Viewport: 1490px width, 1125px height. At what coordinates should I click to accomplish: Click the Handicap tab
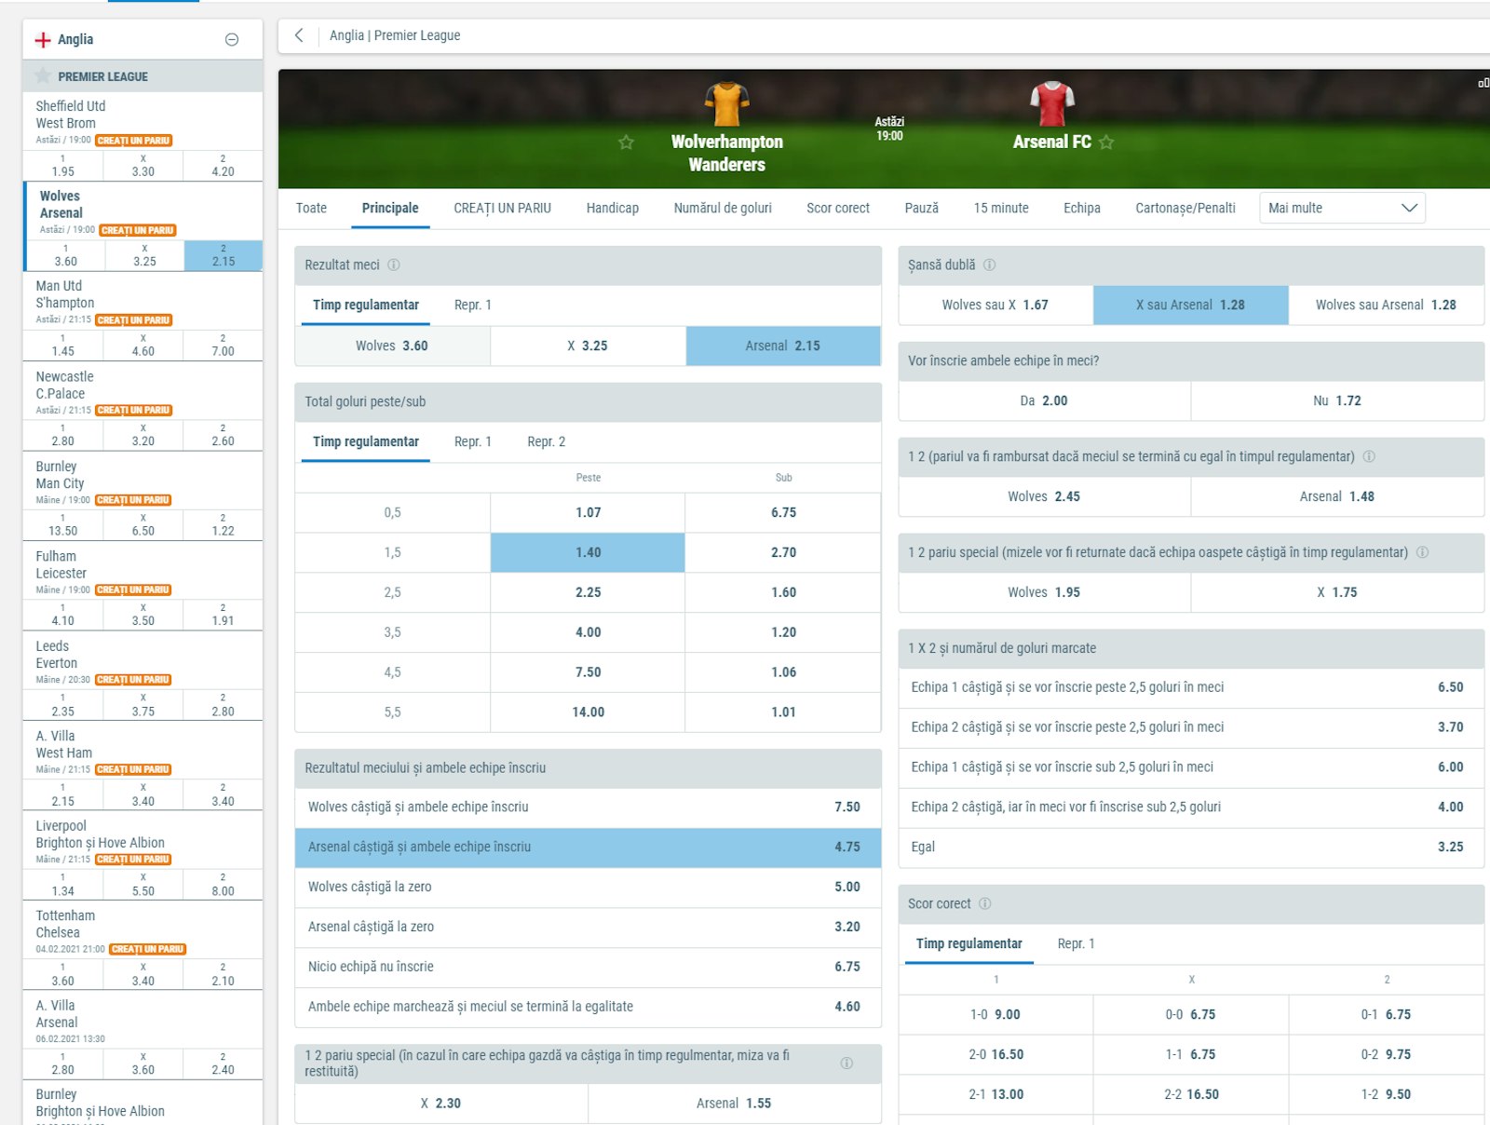click(612, 209)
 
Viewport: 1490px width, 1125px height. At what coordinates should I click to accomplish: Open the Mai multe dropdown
click(1341, 209)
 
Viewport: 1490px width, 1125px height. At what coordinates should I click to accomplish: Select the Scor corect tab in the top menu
click(837, 209)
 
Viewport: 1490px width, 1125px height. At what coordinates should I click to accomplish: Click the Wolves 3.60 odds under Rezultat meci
click(392, 346)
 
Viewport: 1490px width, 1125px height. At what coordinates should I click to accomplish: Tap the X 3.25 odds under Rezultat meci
click(588, 346)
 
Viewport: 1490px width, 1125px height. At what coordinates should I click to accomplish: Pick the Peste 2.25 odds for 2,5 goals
click(588, 592)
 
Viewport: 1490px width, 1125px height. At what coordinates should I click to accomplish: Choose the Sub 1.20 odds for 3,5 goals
click(783, 632)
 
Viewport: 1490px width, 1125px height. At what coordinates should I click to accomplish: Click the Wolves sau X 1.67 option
click(995, 305)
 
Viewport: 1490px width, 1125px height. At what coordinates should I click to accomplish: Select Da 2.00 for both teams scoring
click(1044, 401)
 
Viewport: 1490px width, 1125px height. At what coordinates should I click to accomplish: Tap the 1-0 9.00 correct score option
click(995, 1015)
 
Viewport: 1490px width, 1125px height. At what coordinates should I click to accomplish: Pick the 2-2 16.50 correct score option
click(1191, 1095)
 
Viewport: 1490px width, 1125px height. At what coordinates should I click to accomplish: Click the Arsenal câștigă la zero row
click(587, 928)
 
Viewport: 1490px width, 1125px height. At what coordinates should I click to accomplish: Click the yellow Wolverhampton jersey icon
click(726, 103)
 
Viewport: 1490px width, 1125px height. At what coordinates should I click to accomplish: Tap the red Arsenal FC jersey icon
click(1052, 103)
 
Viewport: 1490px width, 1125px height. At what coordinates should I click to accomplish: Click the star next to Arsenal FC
click(1106, 142)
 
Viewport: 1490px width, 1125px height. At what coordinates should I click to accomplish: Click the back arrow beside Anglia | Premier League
click(299, 35)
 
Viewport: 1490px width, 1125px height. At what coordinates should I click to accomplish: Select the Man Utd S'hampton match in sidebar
click(65, 294)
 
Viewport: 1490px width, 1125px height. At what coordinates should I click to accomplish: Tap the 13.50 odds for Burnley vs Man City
click(63, 531)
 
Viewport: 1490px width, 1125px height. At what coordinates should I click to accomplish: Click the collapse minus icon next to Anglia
click(232, 39)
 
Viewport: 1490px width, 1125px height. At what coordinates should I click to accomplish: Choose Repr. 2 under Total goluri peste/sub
click(546, 442)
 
